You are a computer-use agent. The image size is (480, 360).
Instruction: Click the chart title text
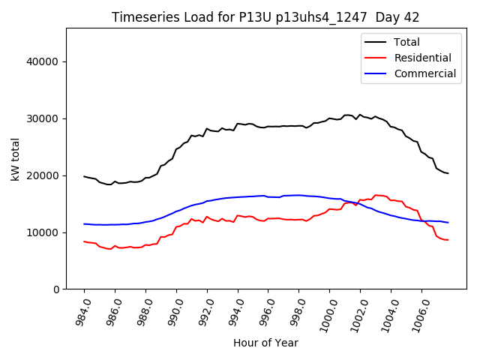(x=265, y=17)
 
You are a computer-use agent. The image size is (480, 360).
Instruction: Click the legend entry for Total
(x=406, y=42)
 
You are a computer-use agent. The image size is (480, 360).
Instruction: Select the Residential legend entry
(x=422, y=58)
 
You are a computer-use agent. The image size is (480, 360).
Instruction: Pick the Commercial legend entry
(x=424, y=73)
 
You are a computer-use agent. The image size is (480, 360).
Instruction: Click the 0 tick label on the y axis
(x=55, y=289)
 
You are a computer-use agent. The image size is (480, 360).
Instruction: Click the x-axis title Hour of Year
(x=265, y=343)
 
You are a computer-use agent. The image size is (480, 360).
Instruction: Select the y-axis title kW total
(x=15, y=160)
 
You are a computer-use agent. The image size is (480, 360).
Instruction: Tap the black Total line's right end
(x=448, y=173)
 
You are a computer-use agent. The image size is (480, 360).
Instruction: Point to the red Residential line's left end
(x=84, y=241)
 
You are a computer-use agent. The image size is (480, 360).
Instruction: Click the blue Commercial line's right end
(x=448, y=223)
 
